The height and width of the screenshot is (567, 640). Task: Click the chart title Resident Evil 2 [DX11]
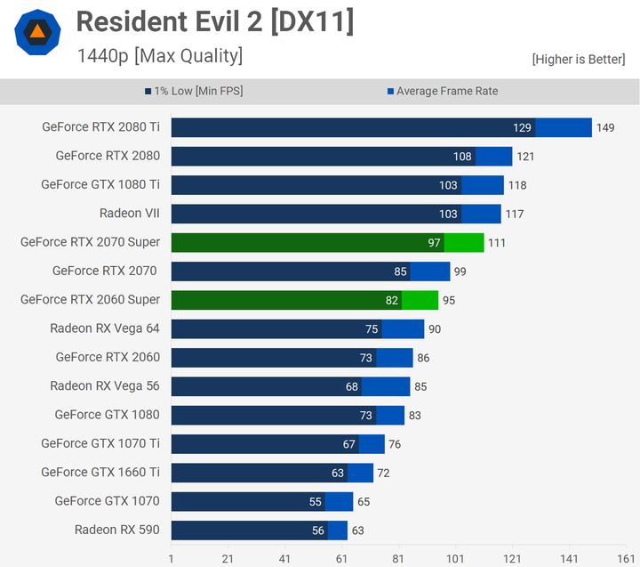pos(214,22)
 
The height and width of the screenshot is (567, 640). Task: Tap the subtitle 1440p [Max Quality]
pos(159,56)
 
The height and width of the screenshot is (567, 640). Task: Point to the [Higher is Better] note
pos(580,59)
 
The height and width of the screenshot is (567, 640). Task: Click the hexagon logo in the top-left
pos(37,33)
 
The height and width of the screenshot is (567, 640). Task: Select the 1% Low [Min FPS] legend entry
pos(193,91)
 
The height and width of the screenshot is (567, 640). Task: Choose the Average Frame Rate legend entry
pos(442,91)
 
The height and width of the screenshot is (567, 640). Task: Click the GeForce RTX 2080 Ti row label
pos(100,127)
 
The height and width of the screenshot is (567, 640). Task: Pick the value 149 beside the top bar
pos(605,128)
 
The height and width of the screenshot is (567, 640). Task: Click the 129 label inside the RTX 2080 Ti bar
pos(522,128)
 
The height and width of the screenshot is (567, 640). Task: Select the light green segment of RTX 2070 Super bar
pos(464,243)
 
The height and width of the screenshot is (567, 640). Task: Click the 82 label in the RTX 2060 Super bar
pos(391,301)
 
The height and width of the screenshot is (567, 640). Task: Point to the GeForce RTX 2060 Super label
pos(90,300)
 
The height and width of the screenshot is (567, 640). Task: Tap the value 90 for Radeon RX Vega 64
pos(434,329)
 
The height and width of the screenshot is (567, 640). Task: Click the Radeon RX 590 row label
pos(117,531)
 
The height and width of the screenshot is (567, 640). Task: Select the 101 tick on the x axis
pos(455,558)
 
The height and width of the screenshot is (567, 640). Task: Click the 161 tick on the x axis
pos(626,558)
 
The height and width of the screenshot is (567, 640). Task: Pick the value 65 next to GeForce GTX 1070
pos(363,502)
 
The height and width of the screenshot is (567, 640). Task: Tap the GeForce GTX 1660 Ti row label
pos(100,473)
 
